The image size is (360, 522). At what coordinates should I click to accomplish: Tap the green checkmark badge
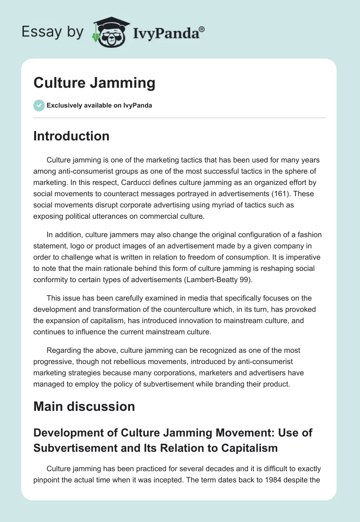[39, 105]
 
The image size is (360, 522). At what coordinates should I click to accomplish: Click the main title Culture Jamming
[94, 83]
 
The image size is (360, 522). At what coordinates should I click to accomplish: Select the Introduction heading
[71, 136]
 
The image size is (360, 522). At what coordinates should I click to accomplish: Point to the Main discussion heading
[84, 406]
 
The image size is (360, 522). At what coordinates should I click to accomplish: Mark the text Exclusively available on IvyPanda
[99, 105]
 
